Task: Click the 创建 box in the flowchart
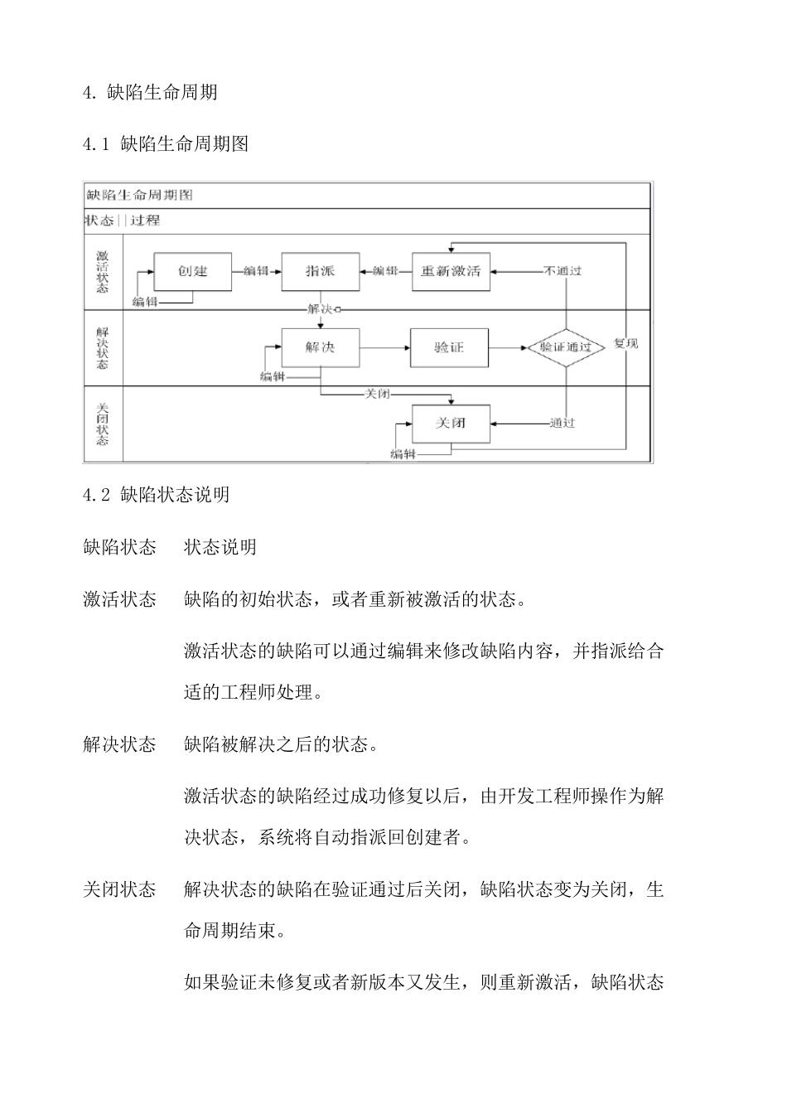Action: (x=193, y=271)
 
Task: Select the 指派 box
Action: (x=320, y=271)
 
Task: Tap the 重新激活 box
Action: (x=451, y=271)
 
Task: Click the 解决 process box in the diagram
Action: (x=320, y=347)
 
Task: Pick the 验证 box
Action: (x=449, y=347)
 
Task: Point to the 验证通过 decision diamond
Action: (x=566, y=347)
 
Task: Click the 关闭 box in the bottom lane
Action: (x=451, y=423)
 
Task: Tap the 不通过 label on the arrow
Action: (x=562, y=271)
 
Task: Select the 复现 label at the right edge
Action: (x=625, y=343)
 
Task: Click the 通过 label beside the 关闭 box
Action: (x=562, y=423)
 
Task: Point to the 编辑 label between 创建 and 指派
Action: (x=256, y=271)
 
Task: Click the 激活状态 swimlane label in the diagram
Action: (x=103, y=271)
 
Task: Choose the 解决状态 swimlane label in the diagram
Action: (x=103, y=347)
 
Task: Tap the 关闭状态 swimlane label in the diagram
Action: (x=103, y=424)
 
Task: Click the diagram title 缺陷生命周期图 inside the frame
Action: (x=140, y=196)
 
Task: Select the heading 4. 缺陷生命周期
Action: (x=150, y=92)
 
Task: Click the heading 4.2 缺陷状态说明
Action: (x=157, y=495)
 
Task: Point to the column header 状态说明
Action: (x=220, y=547)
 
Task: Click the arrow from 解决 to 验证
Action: (x=384, y=347)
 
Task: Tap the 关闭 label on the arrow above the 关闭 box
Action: (x=377, y=394)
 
